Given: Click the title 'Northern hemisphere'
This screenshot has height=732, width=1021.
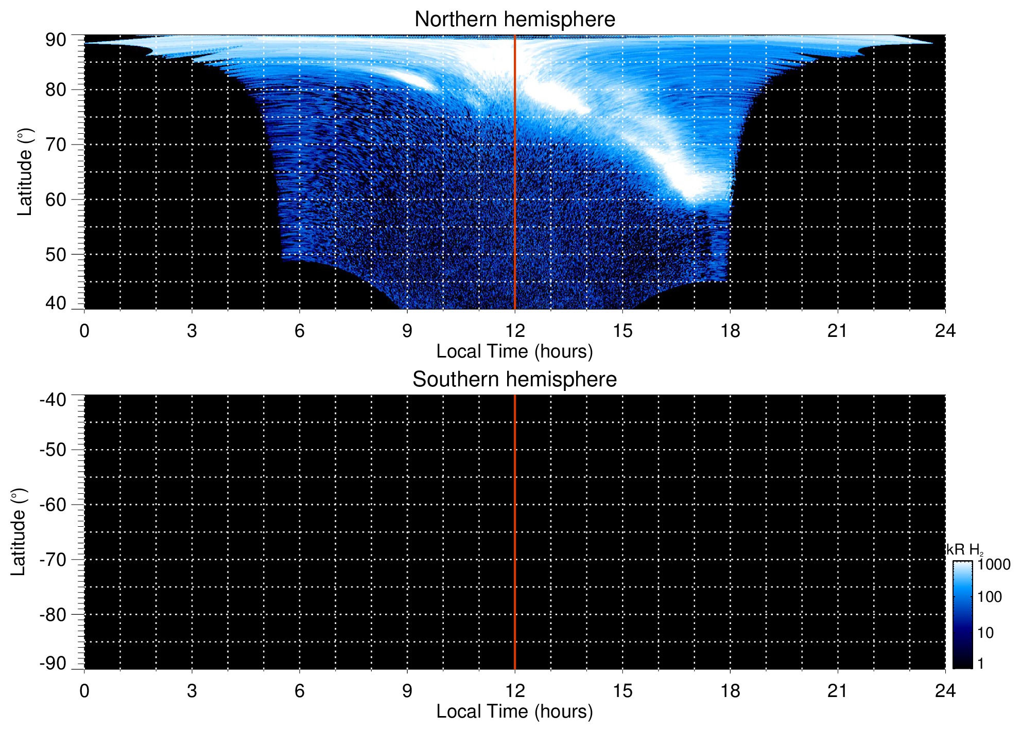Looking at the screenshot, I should (514, 20).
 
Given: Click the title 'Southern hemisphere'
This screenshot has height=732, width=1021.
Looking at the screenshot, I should (514, 380).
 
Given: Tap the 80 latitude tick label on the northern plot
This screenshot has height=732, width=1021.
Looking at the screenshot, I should (56, 90).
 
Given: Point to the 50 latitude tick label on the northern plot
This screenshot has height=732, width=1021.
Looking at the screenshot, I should (56, 255).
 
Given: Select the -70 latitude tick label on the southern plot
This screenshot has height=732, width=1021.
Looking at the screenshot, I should (53, 560).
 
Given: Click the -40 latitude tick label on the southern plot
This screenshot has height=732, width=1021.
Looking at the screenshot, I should (53, 400).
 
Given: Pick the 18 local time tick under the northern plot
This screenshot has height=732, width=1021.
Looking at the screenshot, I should (730, 331).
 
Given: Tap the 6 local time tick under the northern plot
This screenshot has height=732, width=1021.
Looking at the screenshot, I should (300, 331).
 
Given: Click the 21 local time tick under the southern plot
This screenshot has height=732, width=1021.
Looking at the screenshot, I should (838, 691).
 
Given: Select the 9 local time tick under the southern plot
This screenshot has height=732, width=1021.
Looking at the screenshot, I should (407, 691).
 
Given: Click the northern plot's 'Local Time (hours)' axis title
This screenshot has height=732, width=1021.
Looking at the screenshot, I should (514, 351).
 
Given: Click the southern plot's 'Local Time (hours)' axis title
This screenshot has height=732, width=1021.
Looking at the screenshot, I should (514, 711).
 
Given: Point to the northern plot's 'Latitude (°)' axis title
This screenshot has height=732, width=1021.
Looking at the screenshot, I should (25, 172).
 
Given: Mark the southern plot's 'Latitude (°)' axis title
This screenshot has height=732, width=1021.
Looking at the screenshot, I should (19, 532).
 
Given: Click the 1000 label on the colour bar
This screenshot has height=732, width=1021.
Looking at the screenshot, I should (994, 565).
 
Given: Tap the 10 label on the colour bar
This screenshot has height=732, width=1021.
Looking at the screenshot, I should (985, 633).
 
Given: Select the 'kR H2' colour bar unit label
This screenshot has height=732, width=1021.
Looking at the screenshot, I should (964, 550).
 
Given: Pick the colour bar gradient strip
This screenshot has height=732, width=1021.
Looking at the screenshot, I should (962, 614).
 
